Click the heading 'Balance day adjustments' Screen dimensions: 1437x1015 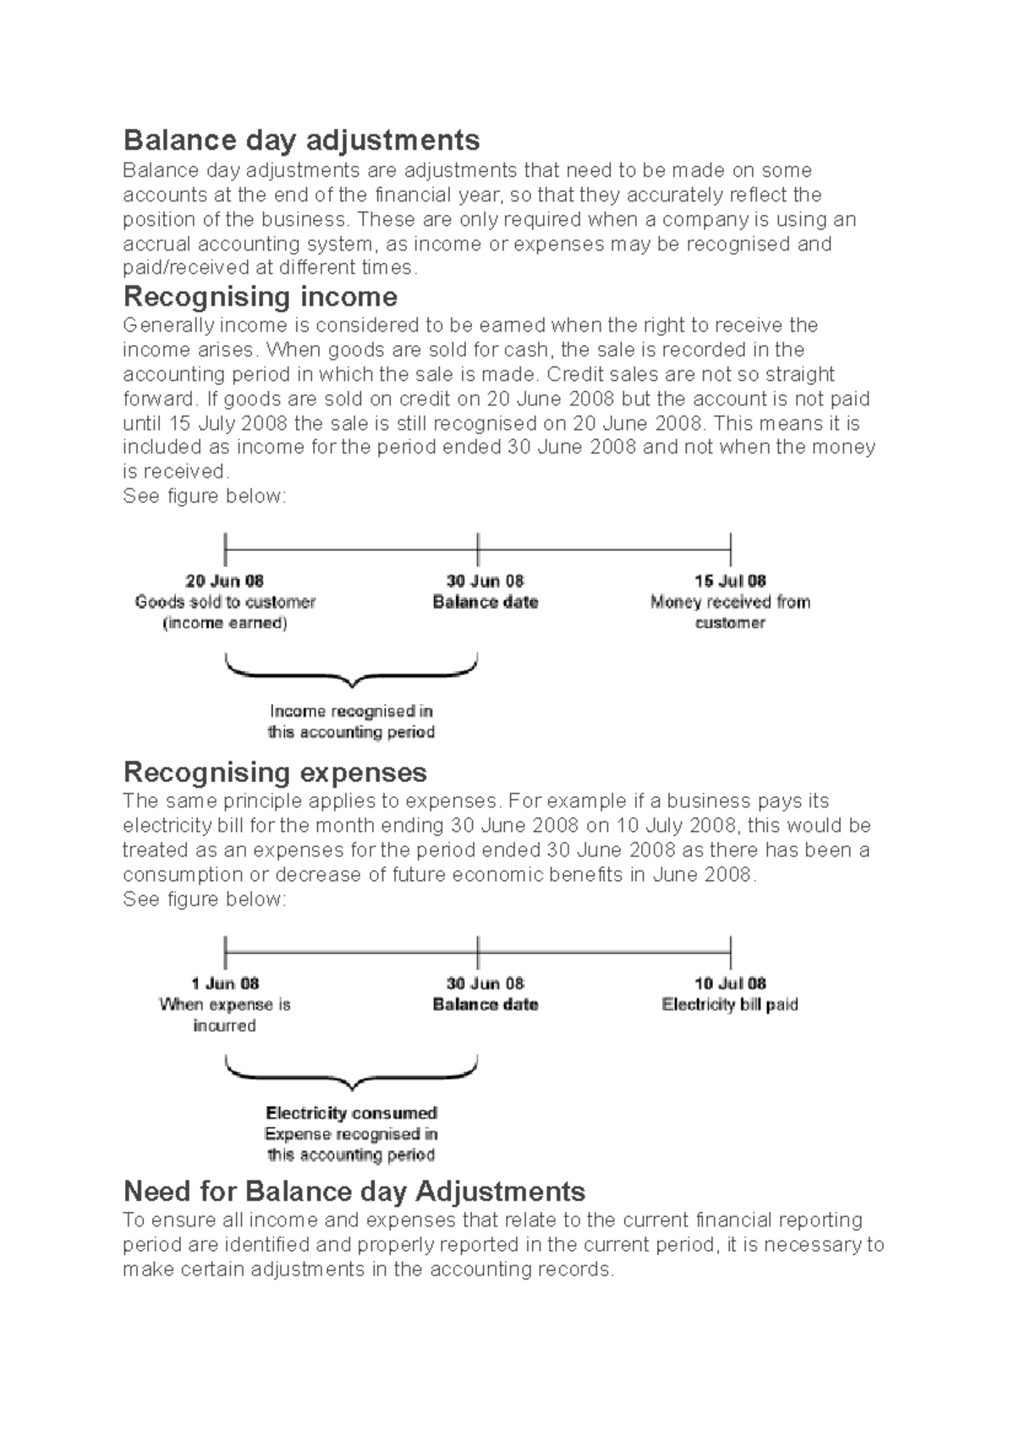301,140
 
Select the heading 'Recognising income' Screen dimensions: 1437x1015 260,297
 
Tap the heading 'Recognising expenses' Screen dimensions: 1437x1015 275,773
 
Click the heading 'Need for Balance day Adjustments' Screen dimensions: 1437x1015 354,1192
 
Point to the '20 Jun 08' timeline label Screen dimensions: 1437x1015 224,581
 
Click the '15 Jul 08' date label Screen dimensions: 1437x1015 730,581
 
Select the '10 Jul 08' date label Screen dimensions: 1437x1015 730,983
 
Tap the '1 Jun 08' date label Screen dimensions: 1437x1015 224,983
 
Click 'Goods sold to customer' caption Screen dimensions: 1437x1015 225,603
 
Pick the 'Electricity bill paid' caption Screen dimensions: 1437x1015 730,1005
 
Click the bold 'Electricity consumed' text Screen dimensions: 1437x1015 351,1113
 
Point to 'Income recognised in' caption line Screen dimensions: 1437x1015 351,712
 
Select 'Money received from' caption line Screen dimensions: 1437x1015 730,603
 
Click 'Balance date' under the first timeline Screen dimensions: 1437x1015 485,603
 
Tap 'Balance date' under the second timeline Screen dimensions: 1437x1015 485,1005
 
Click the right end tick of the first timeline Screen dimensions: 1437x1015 730,549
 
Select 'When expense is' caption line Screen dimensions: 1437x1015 224,1005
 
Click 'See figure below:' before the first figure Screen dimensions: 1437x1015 205,497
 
